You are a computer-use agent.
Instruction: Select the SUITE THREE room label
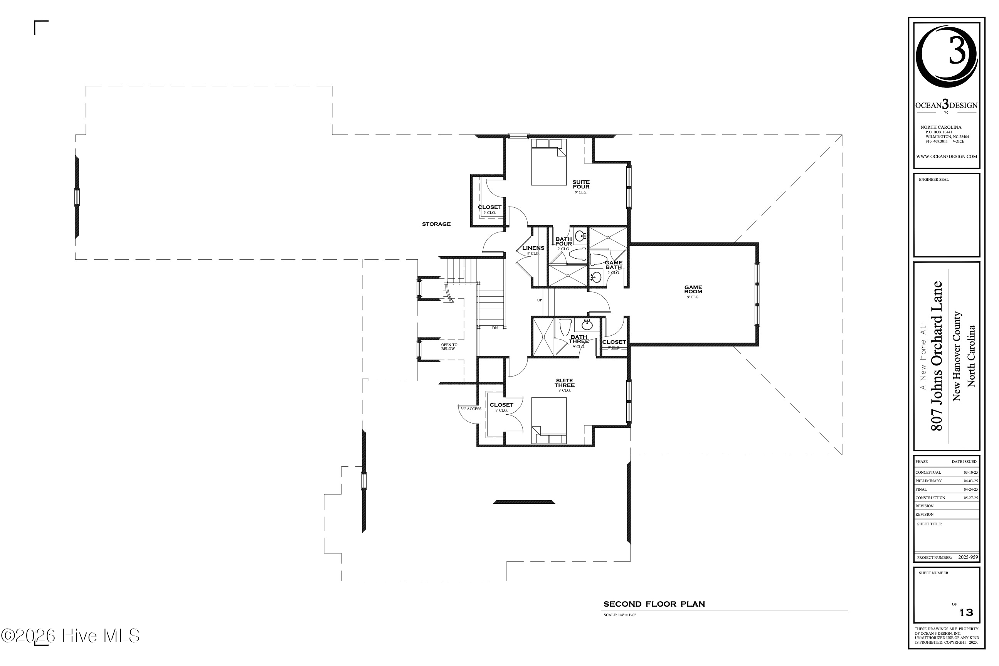(x=564, y=383)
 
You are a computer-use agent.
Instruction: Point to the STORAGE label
(x=436, y=224)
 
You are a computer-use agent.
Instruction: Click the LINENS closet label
(x=533, y=248)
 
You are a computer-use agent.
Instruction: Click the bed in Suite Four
(x=549, y=163)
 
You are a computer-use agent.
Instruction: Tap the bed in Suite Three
(x=549, y=419)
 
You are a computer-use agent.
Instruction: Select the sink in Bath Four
(x=580, y=235)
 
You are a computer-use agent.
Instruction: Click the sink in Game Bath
(x=596, y=277)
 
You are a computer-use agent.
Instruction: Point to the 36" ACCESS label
(x=471, y=409)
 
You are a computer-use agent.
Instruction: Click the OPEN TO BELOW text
(x=449, y=347)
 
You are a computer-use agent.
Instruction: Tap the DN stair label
(x=495, y=328)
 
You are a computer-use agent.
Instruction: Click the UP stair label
(x=540, y=300)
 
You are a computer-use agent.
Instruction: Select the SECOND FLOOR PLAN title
(x=654, y=604)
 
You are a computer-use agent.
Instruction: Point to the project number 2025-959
(x=968, y=557)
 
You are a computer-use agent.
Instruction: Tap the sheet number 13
(x=966, y=612)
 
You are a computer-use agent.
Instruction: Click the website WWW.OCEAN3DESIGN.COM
(x=946, y=156)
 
